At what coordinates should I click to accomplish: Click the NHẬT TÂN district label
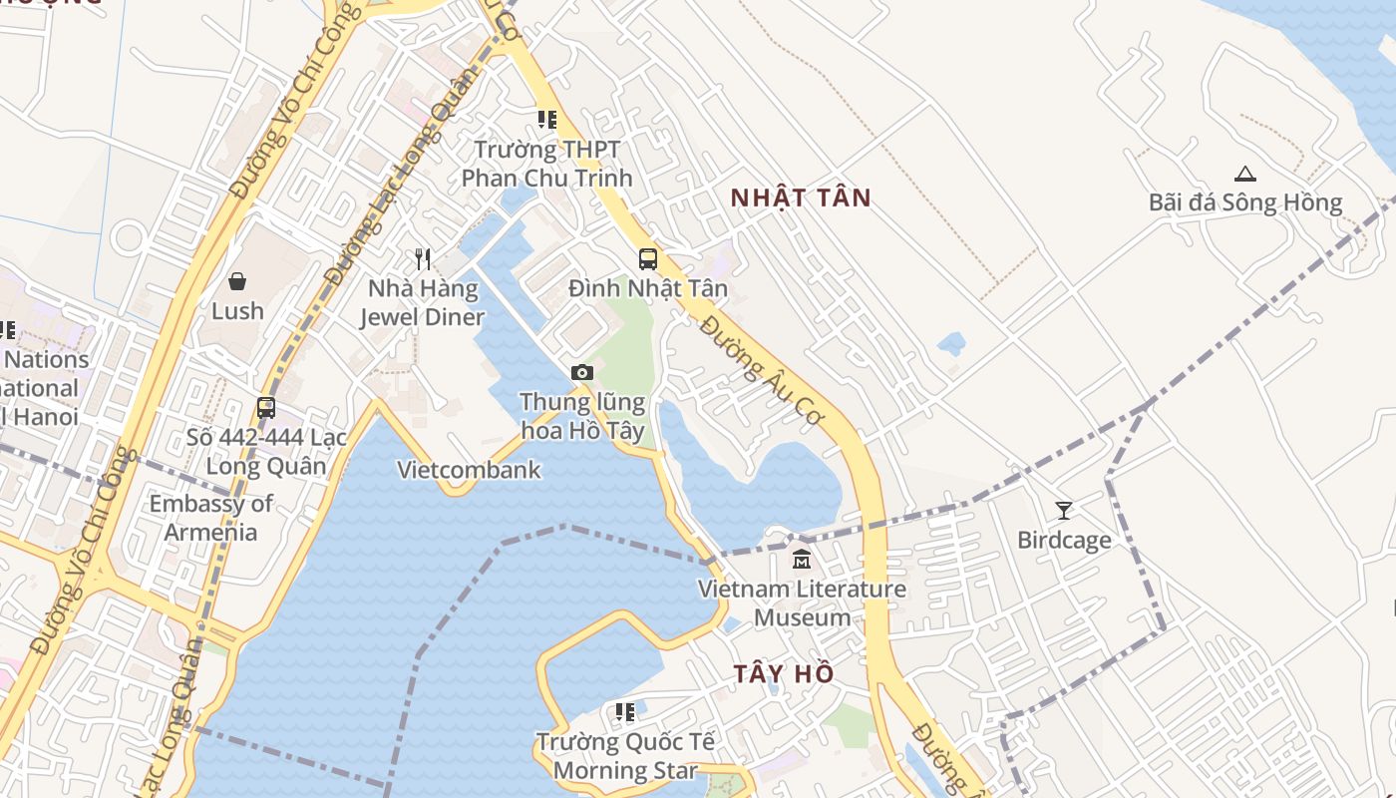[x=801, y=198]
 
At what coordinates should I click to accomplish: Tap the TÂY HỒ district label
[x=784, y=673]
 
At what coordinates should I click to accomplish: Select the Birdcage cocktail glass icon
[x=1064, y=511]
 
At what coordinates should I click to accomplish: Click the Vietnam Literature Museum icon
[x=802, y=560]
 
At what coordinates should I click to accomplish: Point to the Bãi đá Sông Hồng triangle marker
[x=1244, y=174]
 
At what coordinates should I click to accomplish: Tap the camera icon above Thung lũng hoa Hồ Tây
[x=582, y=372]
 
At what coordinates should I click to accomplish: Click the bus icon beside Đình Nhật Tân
[x=648, y=259]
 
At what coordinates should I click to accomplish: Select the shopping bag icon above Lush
[x=237, y=281]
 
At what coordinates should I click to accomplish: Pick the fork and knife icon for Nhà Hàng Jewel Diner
[x=423, y=259]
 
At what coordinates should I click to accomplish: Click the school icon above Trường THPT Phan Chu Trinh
[x=546, y=120]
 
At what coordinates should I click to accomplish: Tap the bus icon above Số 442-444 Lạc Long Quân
[x=265, y=407]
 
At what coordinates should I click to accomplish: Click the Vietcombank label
[x=469, y=470]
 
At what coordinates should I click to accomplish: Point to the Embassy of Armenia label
[x=210, y=518]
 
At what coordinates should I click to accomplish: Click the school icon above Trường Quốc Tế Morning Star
[x=625, y=712]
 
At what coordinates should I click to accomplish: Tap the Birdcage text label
[x=1064, y=541]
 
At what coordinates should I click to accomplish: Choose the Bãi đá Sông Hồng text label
[x=1245, y=202]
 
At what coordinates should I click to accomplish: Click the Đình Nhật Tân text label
[x=648, y=289]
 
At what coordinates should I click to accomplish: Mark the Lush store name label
[x=237, y=311]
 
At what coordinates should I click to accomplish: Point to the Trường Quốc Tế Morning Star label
[x=625, y=756]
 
